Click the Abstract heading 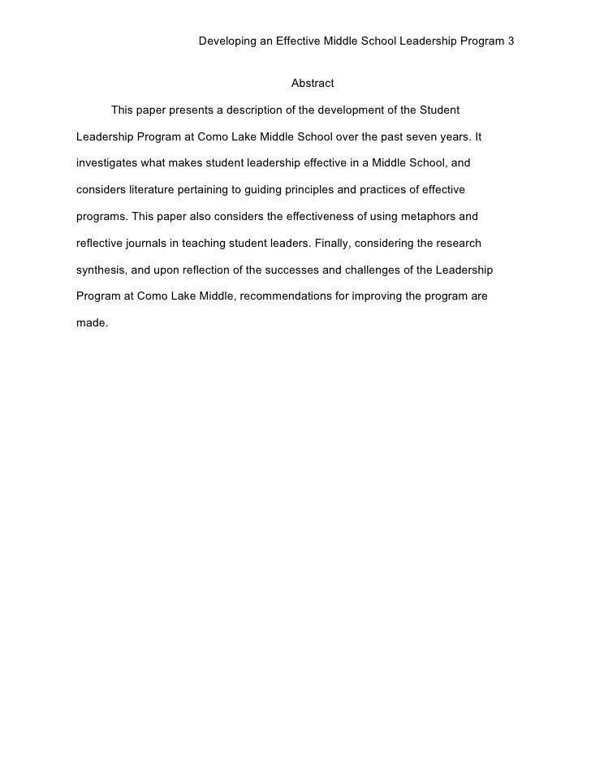click(x=313, y=84)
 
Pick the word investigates click(x=109, y=163)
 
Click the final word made click(x=91, y=323)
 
